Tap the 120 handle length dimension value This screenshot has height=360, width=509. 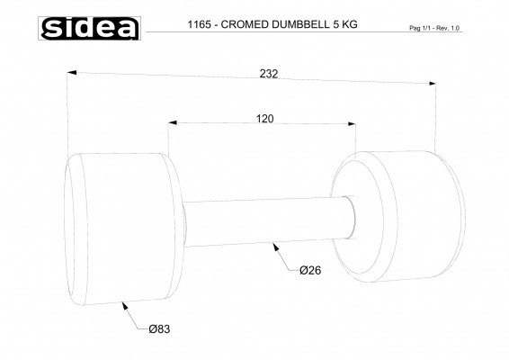point(264,118)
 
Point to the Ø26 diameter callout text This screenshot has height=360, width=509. point(311,269)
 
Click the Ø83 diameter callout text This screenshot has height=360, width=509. point(159,329)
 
